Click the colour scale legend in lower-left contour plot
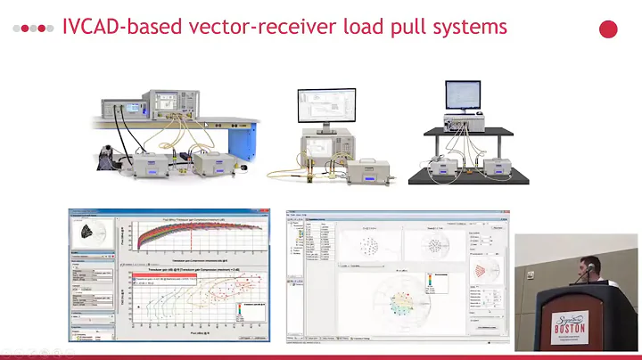247,311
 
